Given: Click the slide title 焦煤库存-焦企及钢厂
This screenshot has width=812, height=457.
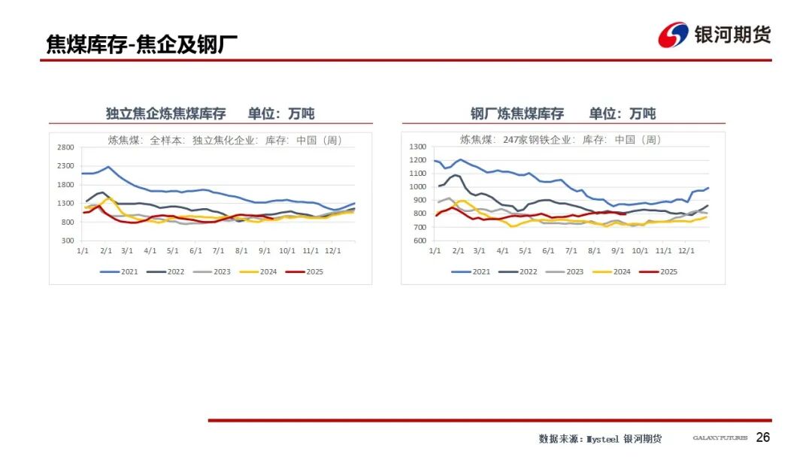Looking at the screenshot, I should (x=141, y=44).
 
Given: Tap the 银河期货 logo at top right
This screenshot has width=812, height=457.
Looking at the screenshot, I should (x=715, y=35).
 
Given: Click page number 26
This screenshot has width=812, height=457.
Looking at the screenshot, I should (x=762, y=437).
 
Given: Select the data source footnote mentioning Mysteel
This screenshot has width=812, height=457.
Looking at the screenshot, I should (x=600, y=438).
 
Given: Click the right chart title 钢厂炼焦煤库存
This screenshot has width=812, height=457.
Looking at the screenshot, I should (x=517, y=113).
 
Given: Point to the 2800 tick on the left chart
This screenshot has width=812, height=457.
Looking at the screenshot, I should (x=65, y=147).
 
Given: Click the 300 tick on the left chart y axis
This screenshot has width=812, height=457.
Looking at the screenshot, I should (x=68, y=241).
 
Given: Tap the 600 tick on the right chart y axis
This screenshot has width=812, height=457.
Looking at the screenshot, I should (x=420, y=241).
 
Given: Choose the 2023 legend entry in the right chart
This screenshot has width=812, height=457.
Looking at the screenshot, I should (x=567, y=271).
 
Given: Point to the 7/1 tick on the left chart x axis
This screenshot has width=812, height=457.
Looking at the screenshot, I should (x=219, y=251).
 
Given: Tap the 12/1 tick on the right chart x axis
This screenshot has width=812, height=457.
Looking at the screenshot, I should (x=686, y=251).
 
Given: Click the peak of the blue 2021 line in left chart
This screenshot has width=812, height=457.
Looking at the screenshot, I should (x=108, y=167).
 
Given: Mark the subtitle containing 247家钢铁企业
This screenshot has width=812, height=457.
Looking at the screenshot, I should (x=560, y=140).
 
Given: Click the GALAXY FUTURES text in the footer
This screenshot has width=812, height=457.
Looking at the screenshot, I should (x=720, y=438).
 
